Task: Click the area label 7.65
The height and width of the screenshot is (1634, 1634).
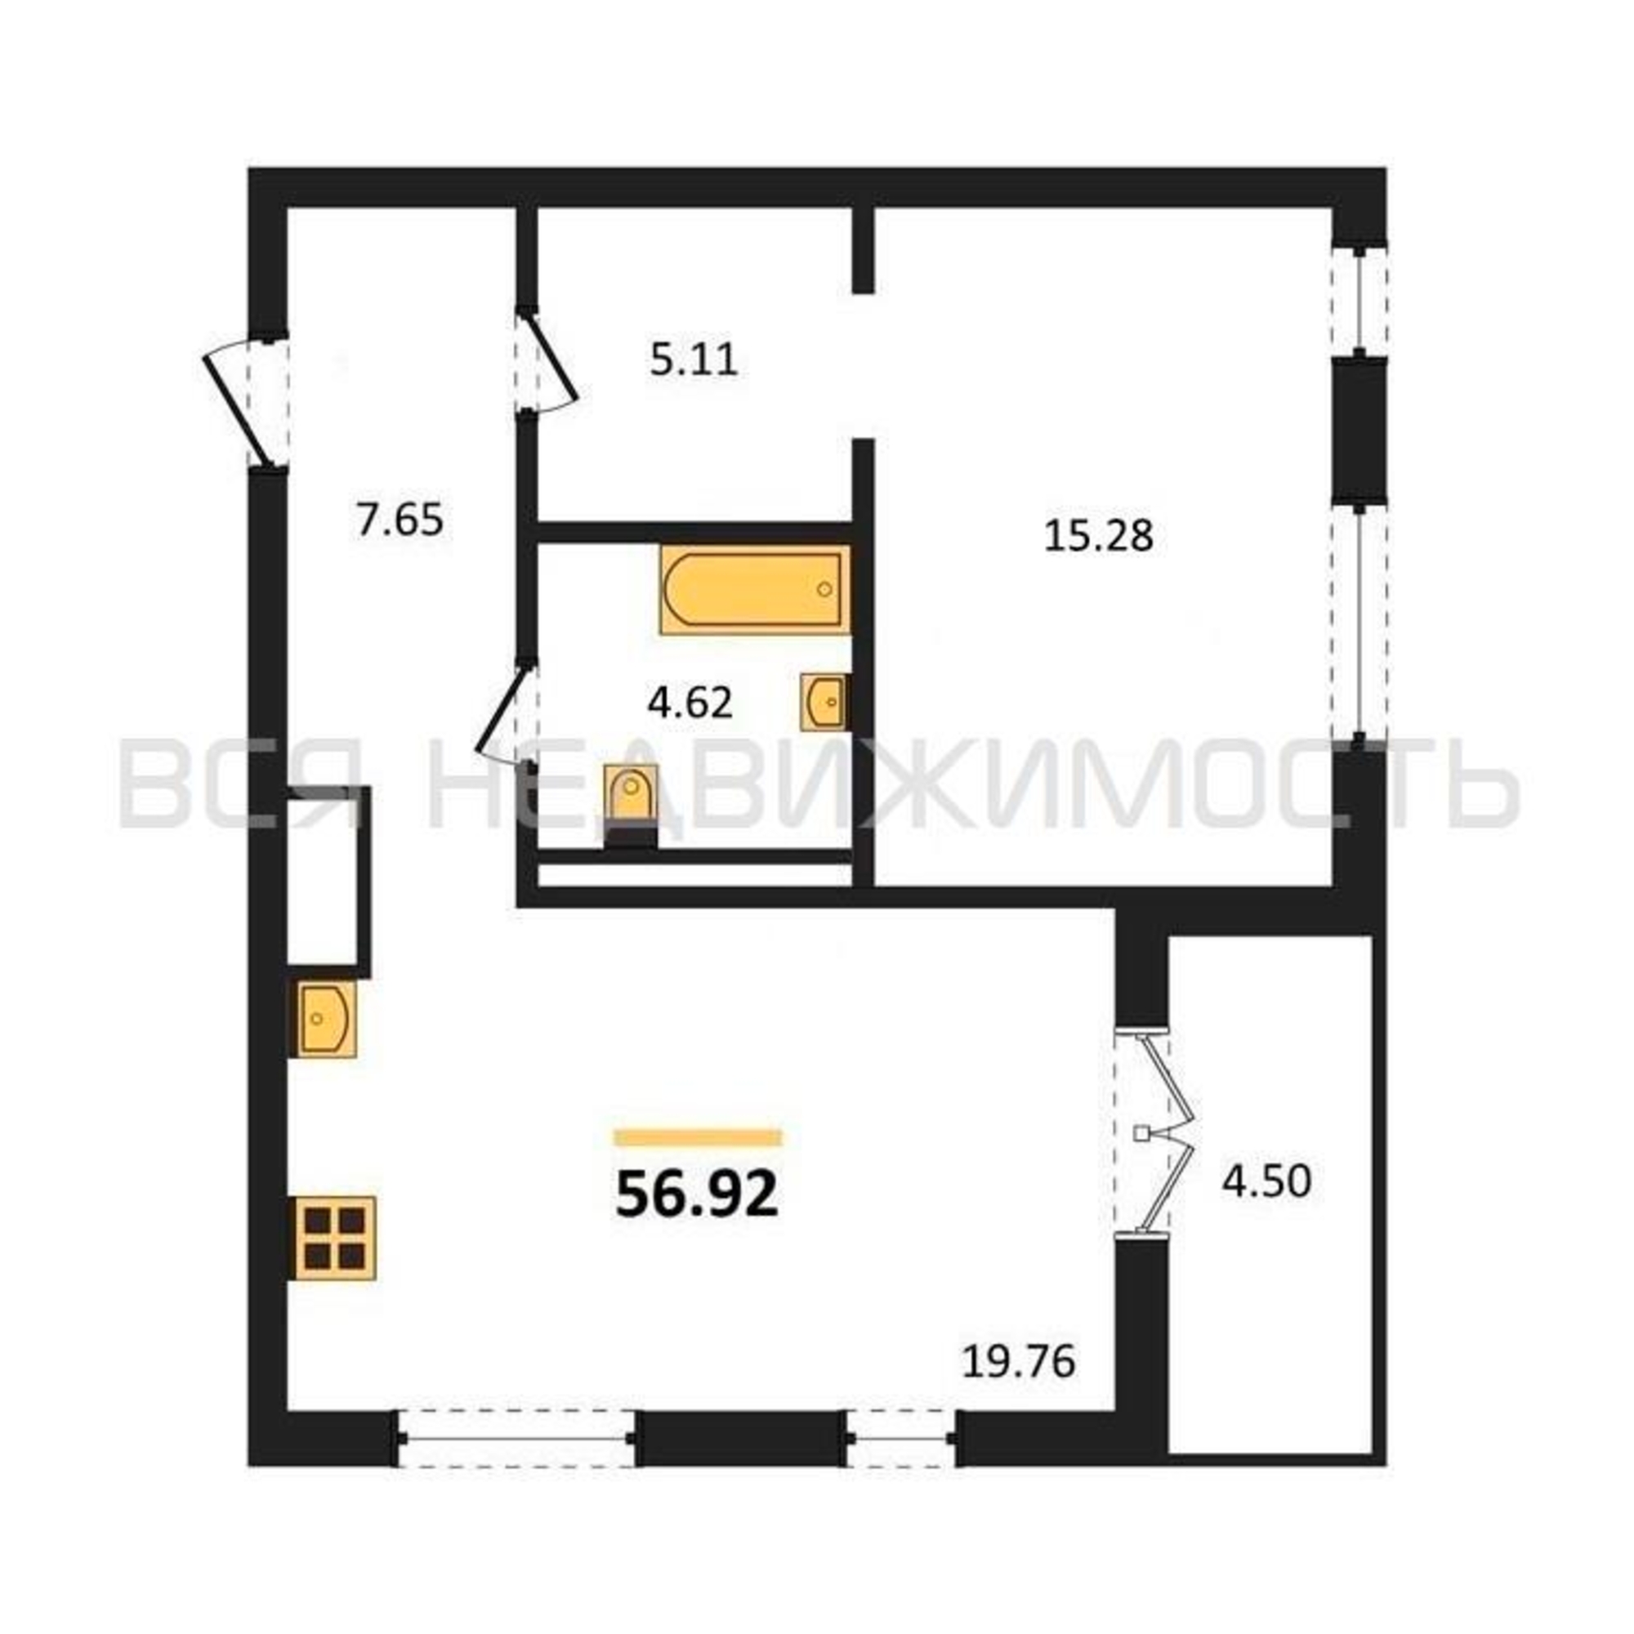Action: [400, 520]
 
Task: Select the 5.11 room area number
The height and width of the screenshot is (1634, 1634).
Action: [694, 360]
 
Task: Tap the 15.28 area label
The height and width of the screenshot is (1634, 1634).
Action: [1099, 535]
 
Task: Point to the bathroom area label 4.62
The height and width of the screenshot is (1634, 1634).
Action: [690, 703]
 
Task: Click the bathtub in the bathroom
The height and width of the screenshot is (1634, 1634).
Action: [755, 590]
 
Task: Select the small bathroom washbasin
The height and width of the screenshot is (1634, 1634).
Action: [822, 701]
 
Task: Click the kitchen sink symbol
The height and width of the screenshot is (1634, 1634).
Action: [322, 1018]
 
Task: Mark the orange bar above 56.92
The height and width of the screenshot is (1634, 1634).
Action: [699, 1137]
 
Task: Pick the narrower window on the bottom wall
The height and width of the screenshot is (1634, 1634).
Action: [902, 1436]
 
